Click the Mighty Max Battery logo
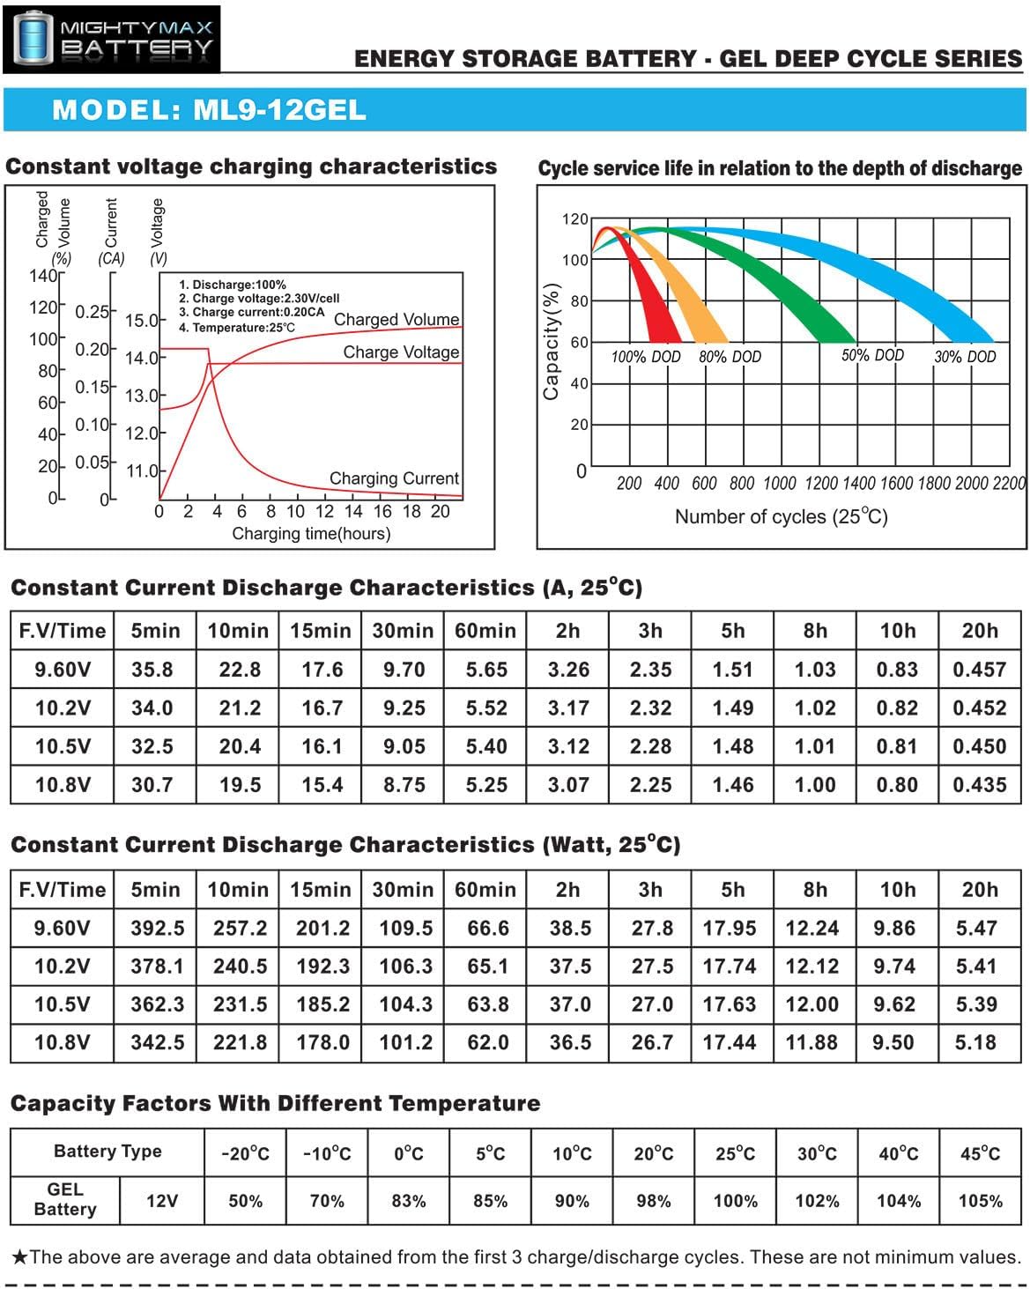tap(112, 38)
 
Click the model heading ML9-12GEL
tap(209, 110)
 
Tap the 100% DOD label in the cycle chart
tap(646, 357)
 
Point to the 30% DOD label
tap(965, 357)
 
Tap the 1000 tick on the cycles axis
tap(780, 483)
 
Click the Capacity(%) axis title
tap(552, 341)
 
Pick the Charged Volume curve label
tap(396, 319)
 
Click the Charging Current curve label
tap(394, 478)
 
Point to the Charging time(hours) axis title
tap(311, 533)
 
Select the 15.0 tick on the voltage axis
tap(141, 320)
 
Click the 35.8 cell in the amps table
tap(152, 670)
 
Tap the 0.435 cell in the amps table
tap(979, 785)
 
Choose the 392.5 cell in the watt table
tap(158, 928)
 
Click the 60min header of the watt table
tap(485, 890)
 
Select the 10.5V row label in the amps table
tap(63, 746)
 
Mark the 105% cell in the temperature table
tap(980, 1201)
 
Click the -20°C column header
tap(245, 1153)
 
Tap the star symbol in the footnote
tap(20, 1256)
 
